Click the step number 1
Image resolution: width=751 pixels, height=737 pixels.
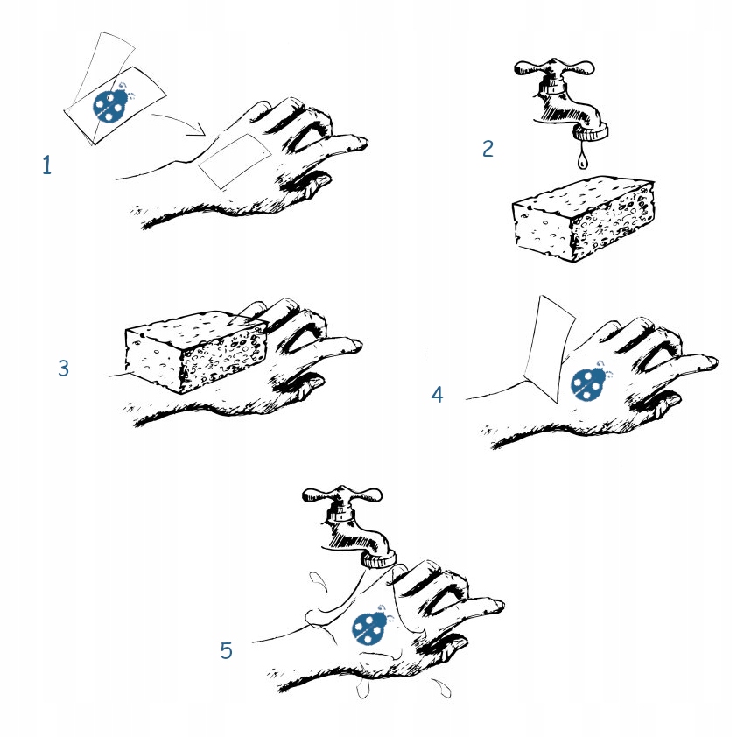(x=46, y=165)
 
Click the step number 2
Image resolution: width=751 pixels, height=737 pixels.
(x=488, y=149)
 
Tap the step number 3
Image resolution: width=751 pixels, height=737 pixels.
(x=63, y=368)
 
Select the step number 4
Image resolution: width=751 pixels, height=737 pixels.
(x=437, y=395)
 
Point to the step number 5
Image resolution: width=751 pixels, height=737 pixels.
(x=226, y=651)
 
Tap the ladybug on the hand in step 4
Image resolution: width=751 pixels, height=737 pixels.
(x=589, y=382)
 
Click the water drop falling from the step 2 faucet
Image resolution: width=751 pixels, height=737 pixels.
(x=582, y=158)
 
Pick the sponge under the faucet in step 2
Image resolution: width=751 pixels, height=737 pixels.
(x=583, y=219)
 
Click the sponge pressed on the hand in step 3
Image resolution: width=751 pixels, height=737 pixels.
(x=195, y=351)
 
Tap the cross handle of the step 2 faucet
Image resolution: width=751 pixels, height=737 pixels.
(x=554, y=68)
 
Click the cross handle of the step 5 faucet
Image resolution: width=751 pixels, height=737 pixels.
(x=342, y=495)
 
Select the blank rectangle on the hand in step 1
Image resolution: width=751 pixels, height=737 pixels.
(x=235, y=160)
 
